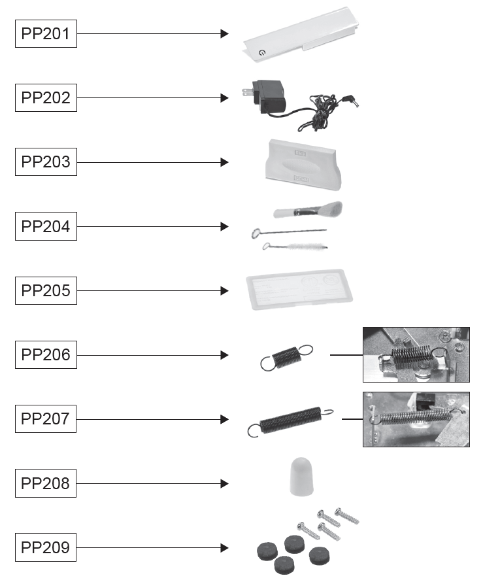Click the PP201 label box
pos(46,33)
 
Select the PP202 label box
pos(46,98)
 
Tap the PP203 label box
pos(46,162)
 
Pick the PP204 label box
pos(46,227)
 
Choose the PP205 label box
pos(46,291)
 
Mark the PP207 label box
pos(46,419)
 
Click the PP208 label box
pos(46,484)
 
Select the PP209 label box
pos(46,547)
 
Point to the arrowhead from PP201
pos(225,33)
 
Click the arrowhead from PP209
pos(225,547)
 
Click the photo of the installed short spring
pos(416,354)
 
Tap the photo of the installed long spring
pos(416,419)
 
